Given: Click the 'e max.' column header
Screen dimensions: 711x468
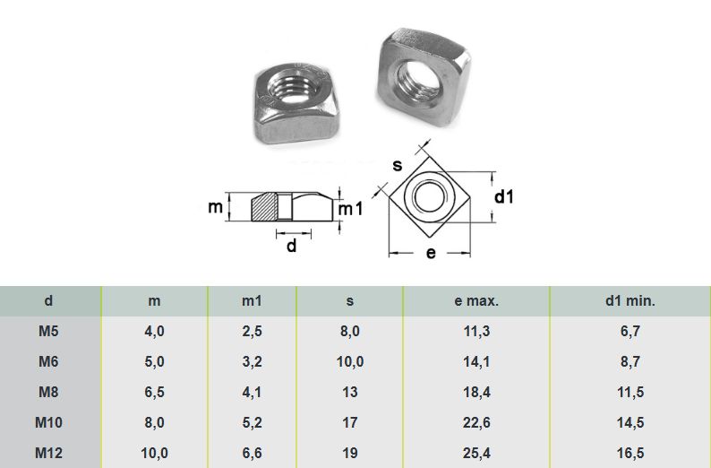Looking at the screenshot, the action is pyautogui.click(x=476, y=301).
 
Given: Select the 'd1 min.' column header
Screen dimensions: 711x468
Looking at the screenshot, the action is pyautogui.click(x=630, y=301).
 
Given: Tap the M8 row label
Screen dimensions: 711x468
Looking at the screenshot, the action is pyautogui.click(x=48, y=392).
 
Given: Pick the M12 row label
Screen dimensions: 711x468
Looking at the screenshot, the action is pyautogui.click(x=48, y=453).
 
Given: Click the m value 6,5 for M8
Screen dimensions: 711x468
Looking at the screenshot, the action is pyautogui.click(x=154, y=392).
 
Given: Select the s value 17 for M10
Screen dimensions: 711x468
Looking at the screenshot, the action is pyautogui.click(x=349, y=422).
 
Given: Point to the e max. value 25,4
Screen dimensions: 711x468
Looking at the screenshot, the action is pyautogui.click(x=476, y=453).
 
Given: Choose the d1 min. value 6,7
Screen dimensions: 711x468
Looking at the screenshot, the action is pyautogui.click(x=630, y=332).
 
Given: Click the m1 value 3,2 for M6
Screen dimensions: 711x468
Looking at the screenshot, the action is pyautogui.click(x=252, y=362).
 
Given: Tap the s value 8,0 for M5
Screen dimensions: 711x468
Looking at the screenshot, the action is pyautogui.click(x=349, y=332).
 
